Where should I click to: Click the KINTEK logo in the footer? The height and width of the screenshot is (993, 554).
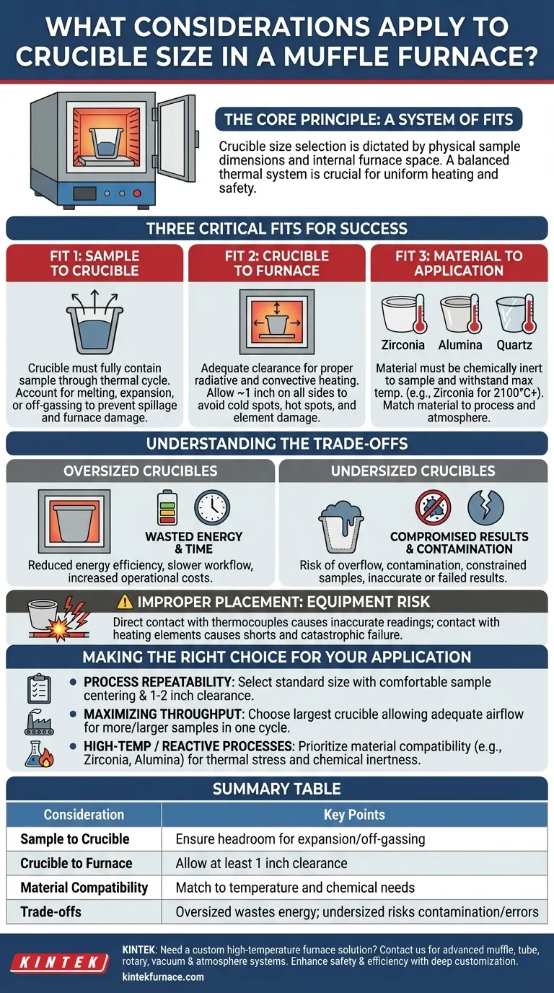[61, 961]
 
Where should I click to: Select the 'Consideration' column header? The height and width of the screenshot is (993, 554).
[84, 814]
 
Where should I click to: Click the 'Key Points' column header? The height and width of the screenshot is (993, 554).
[353, 814]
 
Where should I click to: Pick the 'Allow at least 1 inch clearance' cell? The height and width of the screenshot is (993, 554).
[261, 863]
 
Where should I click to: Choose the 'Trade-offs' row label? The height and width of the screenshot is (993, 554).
[50, 911]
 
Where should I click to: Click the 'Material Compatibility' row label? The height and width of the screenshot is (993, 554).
[84, 888]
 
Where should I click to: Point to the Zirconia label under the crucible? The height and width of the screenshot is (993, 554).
[403, 345]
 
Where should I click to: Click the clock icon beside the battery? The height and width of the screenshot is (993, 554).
[212, 507]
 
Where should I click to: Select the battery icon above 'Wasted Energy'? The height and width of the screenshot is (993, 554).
[167, 507]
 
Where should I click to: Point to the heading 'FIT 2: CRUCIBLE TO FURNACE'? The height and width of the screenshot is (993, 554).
[277, 263]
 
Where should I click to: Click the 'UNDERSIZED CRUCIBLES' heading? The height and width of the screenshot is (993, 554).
[413, 471]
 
